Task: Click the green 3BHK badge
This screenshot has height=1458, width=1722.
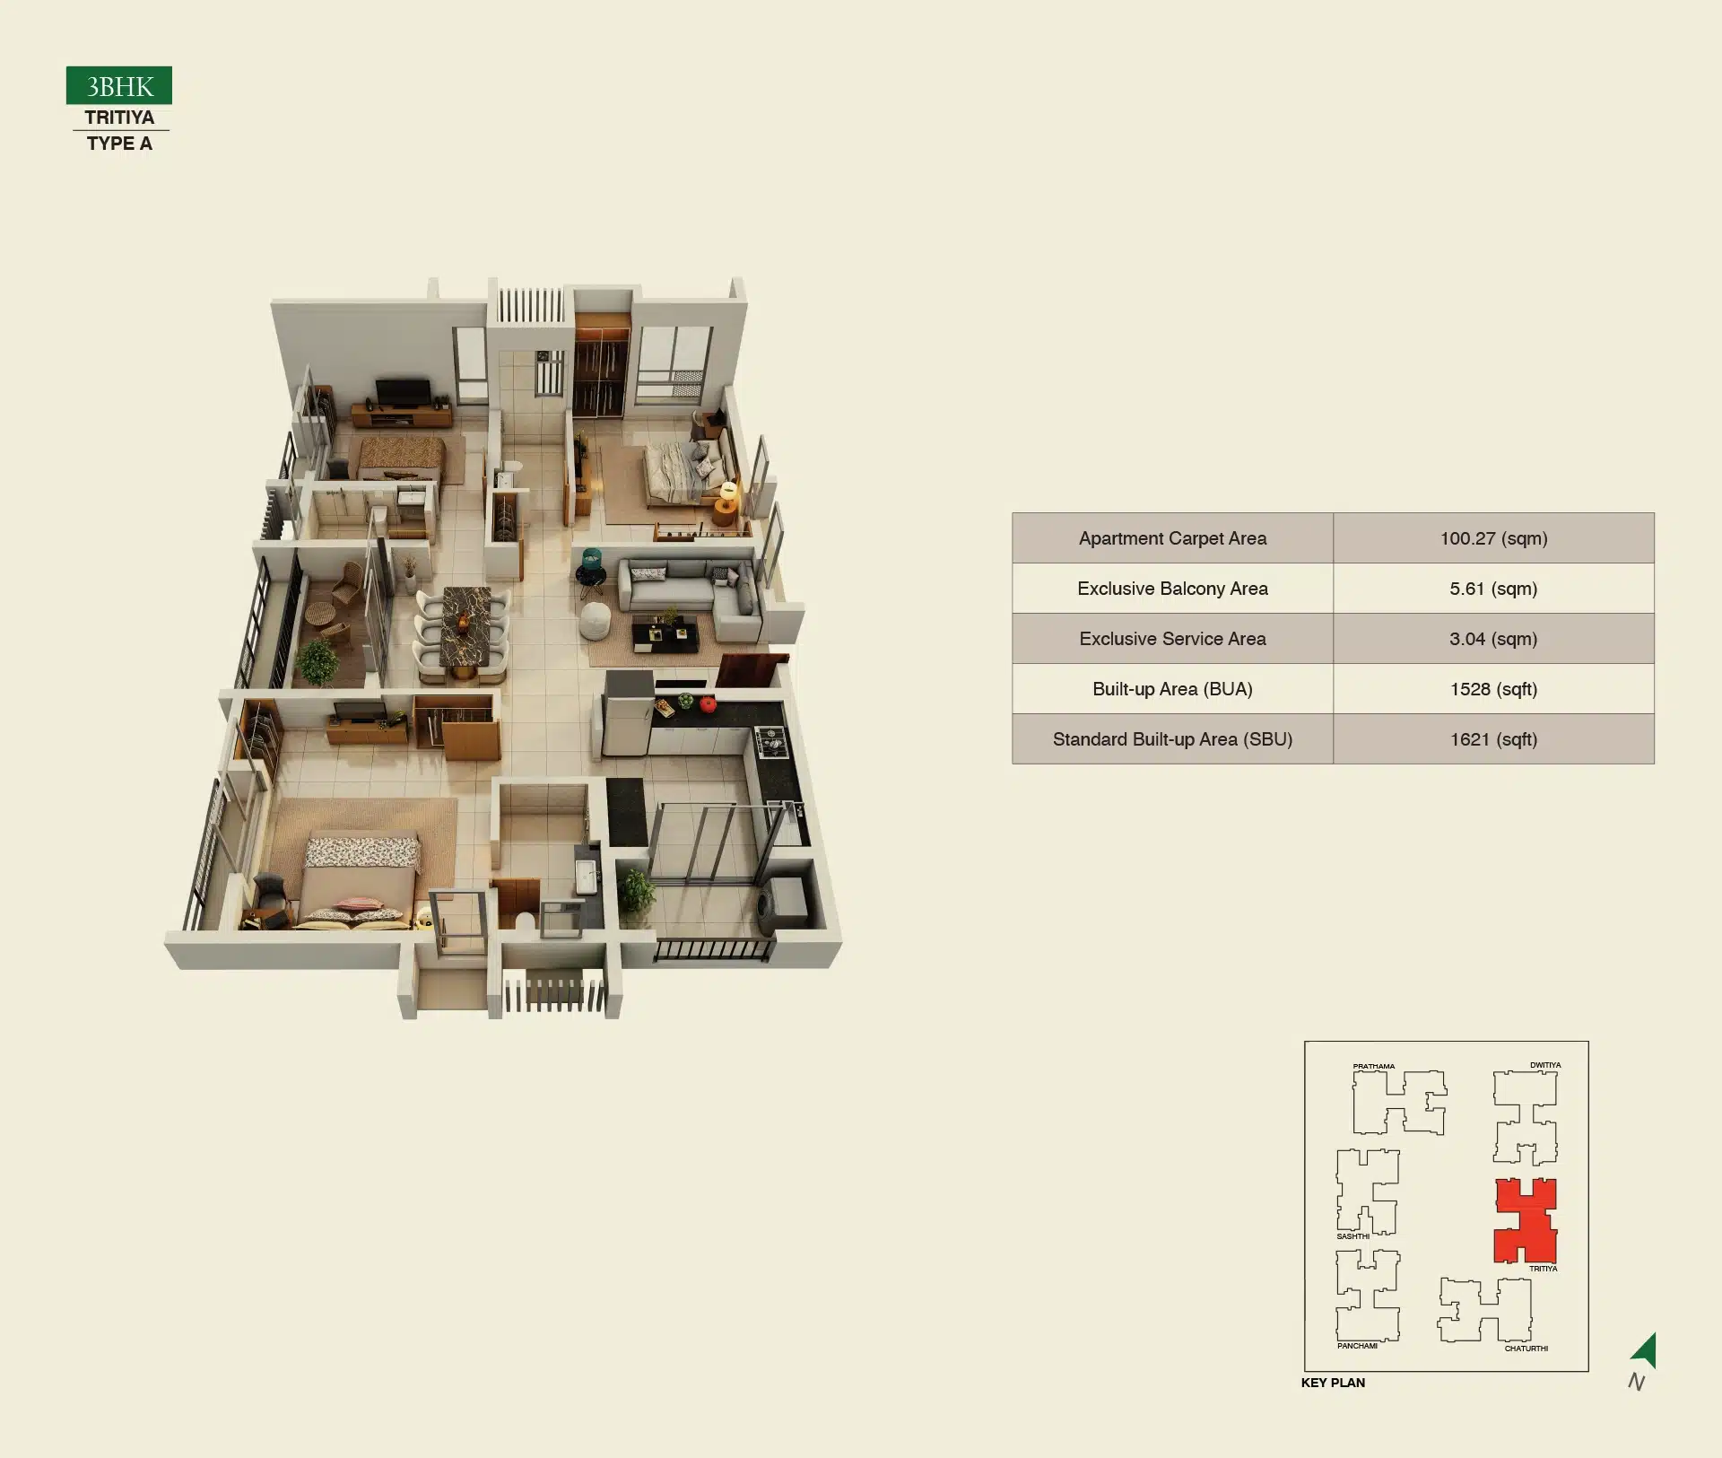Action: pyautogui.click(x=119, y=86)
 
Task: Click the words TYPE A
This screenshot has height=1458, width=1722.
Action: pyautogui.click(x=119, y=144)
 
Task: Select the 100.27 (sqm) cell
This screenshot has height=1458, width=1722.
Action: pyautogui.click(x=1493, y=538)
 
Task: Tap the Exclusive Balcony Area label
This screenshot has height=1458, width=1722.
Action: pyautogui.click(x=1172, y=589)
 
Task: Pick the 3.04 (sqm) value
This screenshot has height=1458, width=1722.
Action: pyautogui.click(x=1493, y=639)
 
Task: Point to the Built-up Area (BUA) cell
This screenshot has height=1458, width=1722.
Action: pyautogui.click(x=1172, y=689)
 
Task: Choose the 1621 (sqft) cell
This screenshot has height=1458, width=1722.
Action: pyautogui.click(x=1493, y=739)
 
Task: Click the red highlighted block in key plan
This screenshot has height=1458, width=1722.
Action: pyautogui.click(x=1525, y=1221)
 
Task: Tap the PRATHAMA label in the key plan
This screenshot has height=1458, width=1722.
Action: pyautogui.click(x=1373, y=1067)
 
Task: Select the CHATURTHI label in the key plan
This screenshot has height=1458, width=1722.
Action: pyautogui.click(x=1526, y=1349)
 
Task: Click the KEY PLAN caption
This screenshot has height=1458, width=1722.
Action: pyautogui.click(x=1333, y=1383)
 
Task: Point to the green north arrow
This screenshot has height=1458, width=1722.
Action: pyautogui.click(x=1645, y=1350)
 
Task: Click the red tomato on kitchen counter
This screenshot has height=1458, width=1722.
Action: pyautogui.click(x=708, y=704)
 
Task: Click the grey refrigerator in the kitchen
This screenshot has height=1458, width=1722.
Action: pyautogui.click(x=627, y=714)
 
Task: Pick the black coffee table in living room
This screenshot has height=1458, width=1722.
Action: pyautogui.click(x=665, y=633)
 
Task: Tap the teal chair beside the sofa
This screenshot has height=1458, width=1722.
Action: pyautogui.click(x=592, y=569)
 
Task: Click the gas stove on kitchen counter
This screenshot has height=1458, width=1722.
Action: pyautogui.click(x=770, y=742)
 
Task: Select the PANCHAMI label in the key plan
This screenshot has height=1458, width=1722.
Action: pyautogui.click(x=1357, y=1346)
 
